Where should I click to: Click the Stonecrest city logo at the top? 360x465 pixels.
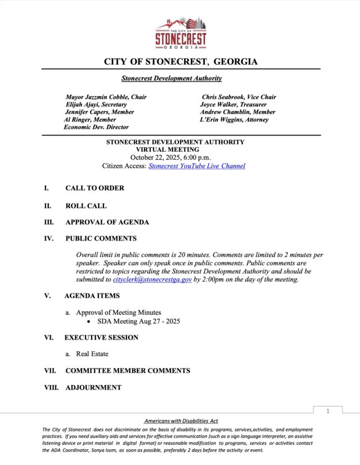[x=181, y=34]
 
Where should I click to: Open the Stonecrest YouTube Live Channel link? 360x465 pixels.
[x=196, y=166]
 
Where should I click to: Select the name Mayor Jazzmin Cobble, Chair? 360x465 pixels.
[x=106, y=97]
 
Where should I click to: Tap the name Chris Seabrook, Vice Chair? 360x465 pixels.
[x=238, y=97]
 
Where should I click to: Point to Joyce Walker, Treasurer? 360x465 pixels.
[x=233, y=105]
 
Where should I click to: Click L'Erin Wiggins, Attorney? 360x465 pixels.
[x=234, y=119]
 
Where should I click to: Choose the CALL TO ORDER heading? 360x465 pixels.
[x=94, y=188]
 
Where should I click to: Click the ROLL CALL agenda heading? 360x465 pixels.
[x=85, y=206]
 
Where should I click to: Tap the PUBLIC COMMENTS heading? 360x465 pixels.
[x=101, y=238]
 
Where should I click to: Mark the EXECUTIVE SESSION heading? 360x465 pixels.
[x=101, y=337]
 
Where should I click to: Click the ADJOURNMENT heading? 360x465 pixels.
[x=93, y=387]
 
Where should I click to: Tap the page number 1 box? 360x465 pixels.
[x=327, y=412]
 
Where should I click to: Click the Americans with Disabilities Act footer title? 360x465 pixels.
[x=181, y=421]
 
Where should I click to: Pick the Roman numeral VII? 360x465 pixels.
[x=50, y=371]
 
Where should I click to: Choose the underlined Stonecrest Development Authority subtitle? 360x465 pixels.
[x=172, y=78]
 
